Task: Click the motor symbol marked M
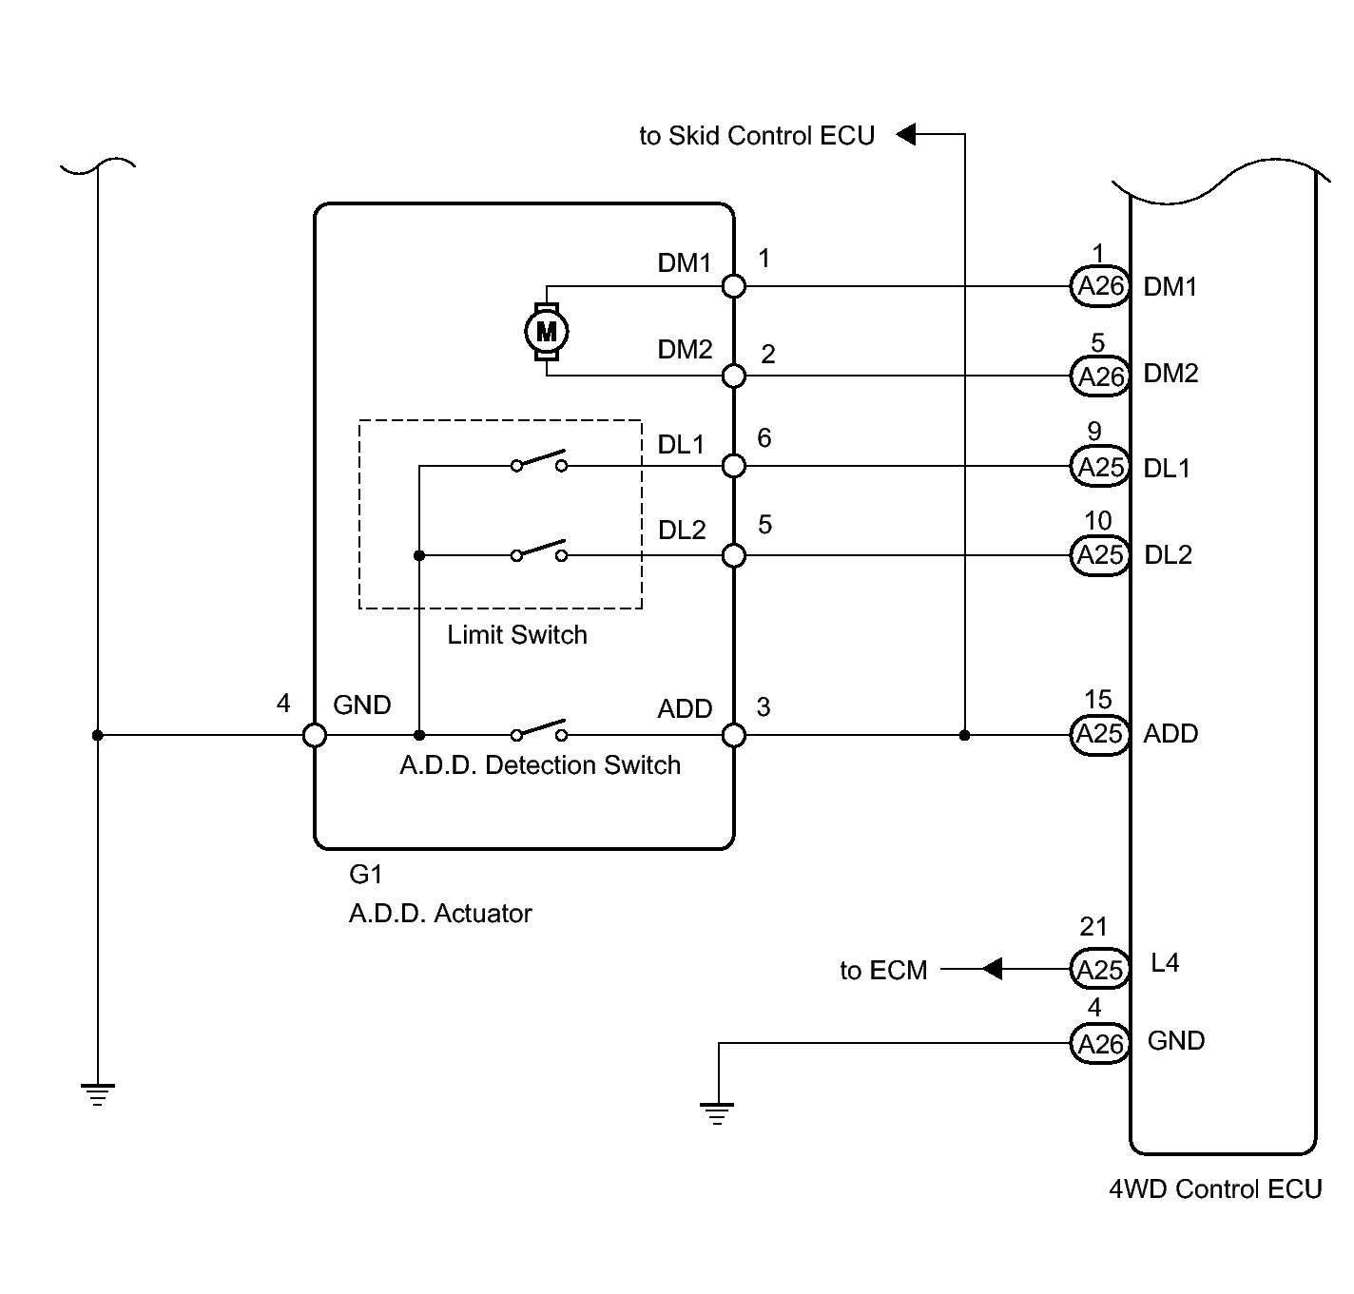click(x=546, y=332)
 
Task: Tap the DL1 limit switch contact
click(x=539, y=461)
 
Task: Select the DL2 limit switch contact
click(x=539, y=551)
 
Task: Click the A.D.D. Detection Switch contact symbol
click(x=539, y=730)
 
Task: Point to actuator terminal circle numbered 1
click(x=734, y=286)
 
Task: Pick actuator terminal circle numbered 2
click(x=734, y=376)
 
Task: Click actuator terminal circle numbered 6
click(x=734, y=466)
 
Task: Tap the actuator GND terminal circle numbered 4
click(x=315, y=735)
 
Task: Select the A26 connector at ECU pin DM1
click(x=1099, y=286)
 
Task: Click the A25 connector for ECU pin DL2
click(x=1099, y=555)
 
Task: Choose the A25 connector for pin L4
click(x=1099, y=969)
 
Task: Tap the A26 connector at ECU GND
click(x=1099, y=1043)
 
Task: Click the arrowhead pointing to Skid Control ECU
click(x=906, y=133)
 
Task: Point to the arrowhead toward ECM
click(x=992, y=969)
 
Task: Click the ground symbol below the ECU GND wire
click(x=717, y=1113)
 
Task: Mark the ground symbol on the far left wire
click(x=97, y=1094)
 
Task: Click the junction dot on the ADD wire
click(x=964, y=735)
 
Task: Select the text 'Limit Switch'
click(x=517, y=634)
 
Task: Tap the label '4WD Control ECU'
click(x=1215, y=1189)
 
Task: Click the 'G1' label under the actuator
click(x=366, y=874)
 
